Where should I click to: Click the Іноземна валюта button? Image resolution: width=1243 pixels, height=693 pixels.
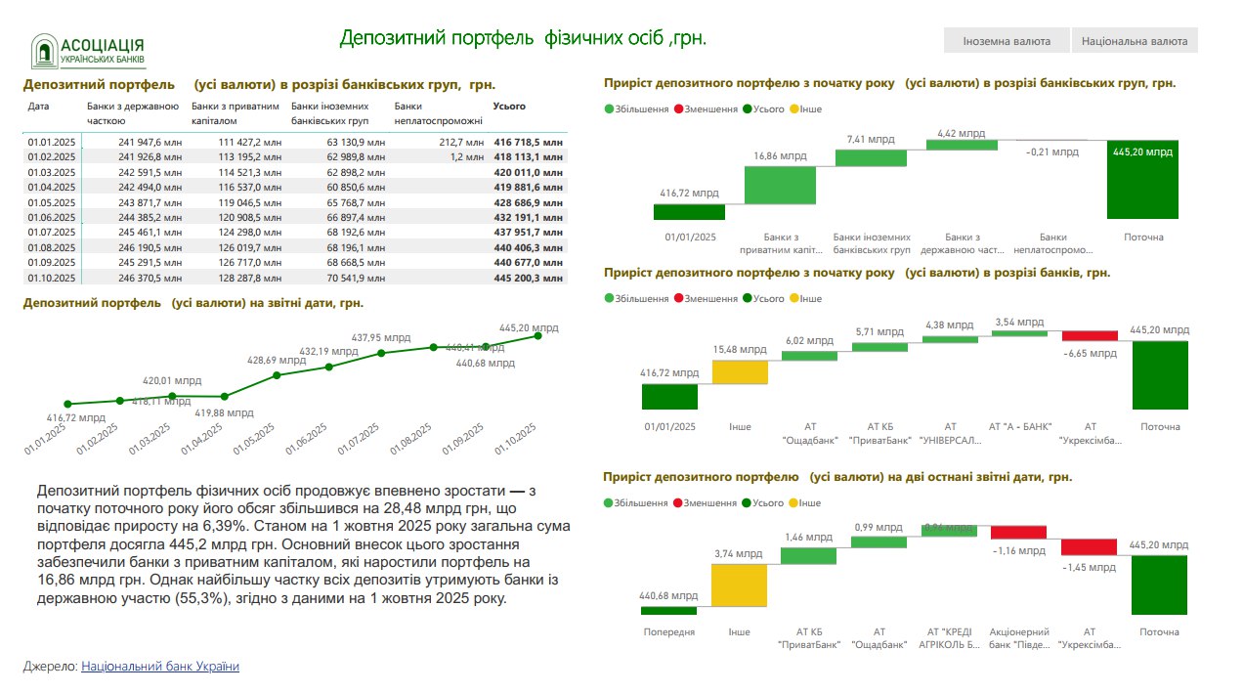1006,41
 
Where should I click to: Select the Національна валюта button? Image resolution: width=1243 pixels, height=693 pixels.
1135,41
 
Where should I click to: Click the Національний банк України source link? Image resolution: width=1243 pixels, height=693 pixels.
159,667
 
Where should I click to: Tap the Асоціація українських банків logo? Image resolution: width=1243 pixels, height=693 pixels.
88,51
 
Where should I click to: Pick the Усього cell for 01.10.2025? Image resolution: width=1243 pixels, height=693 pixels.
530,279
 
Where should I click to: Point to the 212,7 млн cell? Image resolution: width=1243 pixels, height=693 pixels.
460,142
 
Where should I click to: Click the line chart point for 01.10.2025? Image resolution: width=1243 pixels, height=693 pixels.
537,336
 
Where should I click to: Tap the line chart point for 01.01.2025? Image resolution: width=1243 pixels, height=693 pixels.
67,404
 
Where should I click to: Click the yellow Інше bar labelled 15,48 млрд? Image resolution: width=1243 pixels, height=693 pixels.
740,372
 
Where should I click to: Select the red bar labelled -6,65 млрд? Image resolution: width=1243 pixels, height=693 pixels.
1090,335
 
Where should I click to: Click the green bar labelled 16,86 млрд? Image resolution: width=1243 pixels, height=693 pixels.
780,186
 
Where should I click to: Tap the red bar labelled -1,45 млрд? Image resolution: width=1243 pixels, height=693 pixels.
1090,547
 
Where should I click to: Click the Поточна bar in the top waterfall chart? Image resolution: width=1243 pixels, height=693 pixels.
1143,180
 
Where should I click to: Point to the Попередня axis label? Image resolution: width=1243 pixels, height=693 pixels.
669,631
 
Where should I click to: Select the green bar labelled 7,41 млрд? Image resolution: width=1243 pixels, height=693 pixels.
872,157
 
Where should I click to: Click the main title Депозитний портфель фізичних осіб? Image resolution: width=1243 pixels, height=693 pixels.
522,38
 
